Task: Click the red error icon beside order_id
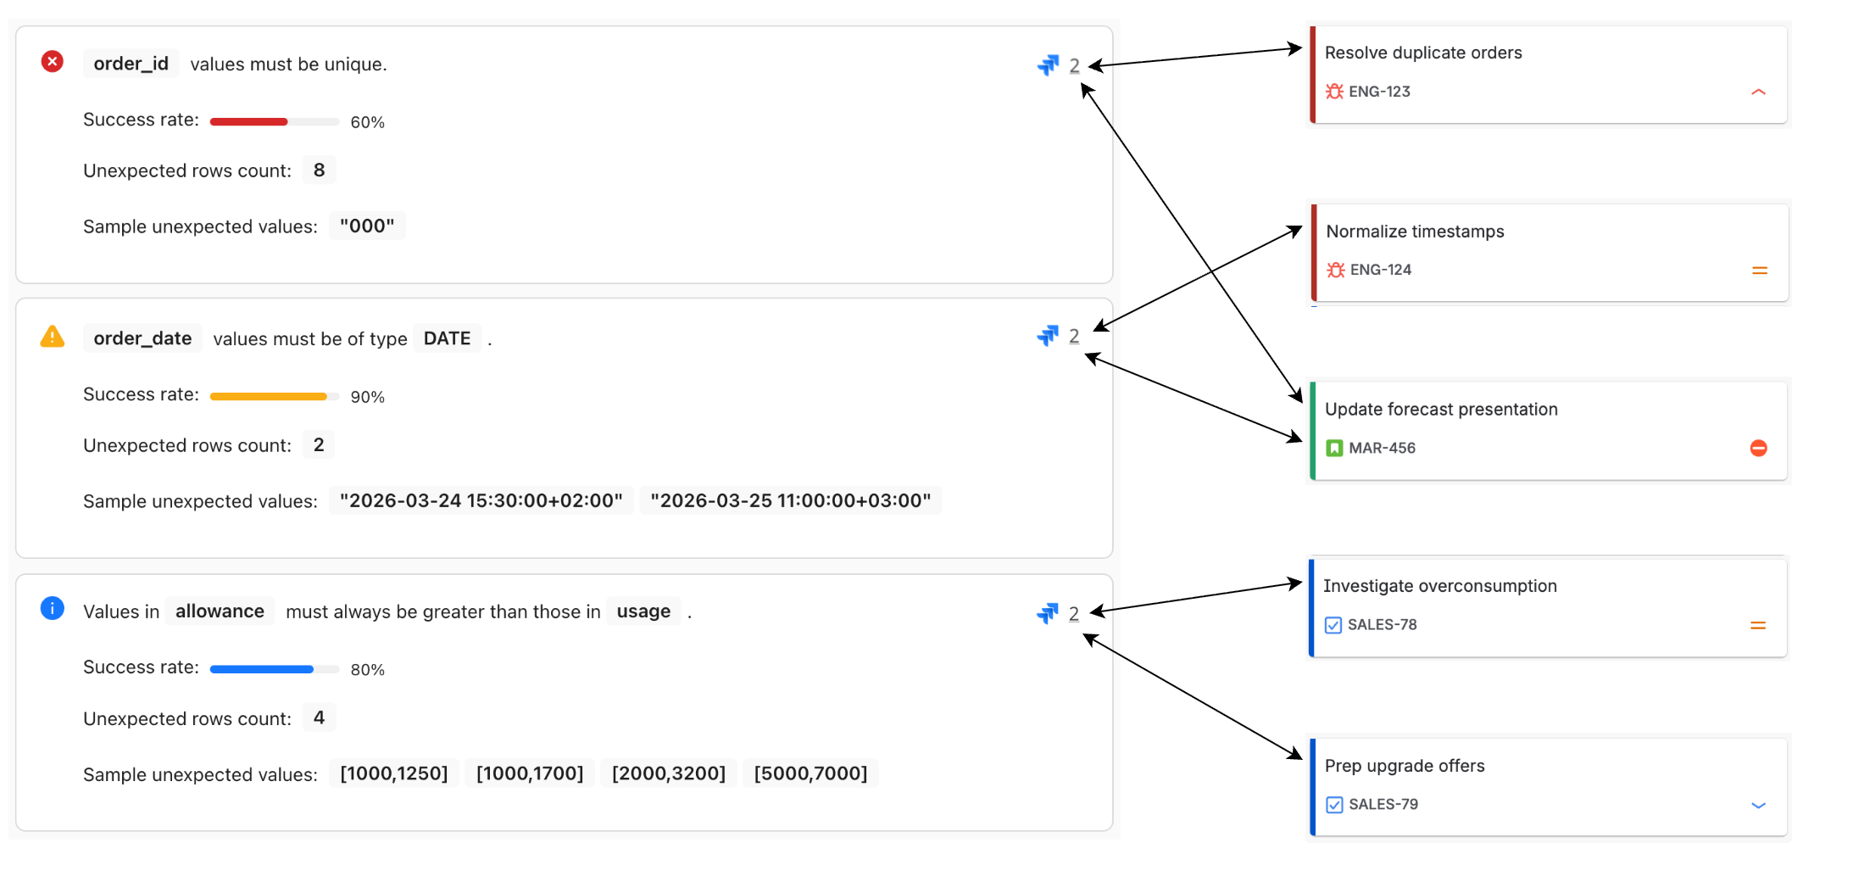[53, 62]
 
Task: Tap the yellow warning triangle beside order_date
[53, 338]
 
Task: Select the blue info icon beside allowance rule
[53, 609]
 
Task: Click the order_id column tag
[131, 64]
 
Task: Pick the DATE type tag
[447, 338]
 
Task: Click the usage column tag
[643, 611]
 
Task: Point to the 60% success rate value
[367, 122]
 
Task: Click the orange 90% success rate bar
[268, 396]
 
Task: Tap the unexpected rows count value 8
[319, 170]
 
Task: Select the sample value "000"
[367, 226]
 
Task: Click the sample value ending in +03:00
[790, 501]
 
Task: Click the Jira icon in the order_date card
[1048, 336]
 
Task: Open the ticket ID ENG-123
[1379, 92]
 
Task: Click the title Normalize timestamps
[1415, 232]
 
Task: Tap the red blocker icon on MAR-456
[1758, 448]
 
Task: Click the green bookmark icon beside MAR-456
[1334, 448]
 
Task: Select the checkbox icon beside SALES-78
[1333, 625]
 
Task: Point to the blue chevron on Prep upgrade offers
[1758, 805]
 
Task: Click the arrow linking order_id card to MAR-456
[1192, 243]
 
